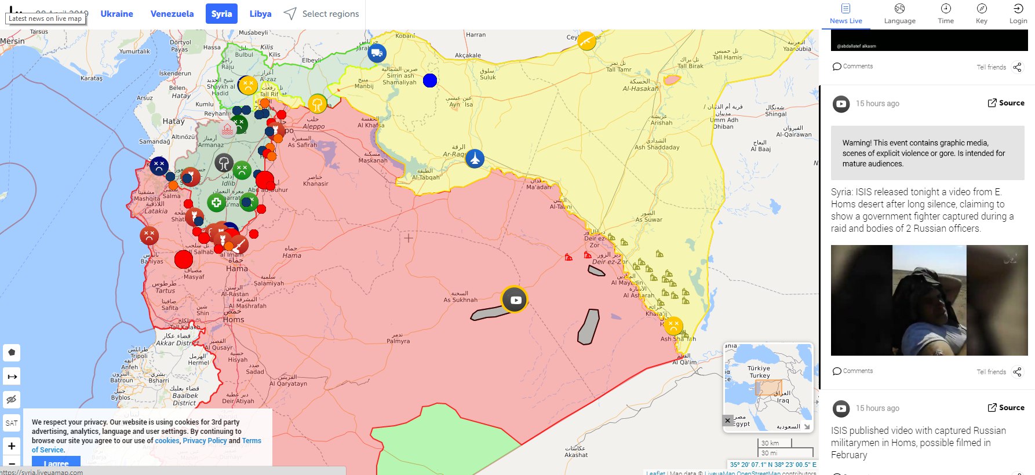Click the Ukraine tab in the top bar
pyautogui.click(x=116, y=14)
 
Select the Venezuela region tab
pyautogui.click(x=172, y=14)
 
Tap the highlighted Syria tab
pyautogui.click(x=221, y=14)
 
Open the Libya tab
pyautogui.click(x=260, y=14)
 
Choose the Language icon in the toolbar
pyautogui.click(x=899, y=13)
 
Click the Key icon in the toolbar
pyautogui.click(x=981, y=13)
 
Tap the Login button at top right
pyautogui.click(x=1018, y=13)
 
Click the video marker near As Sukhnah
pyautogui.click(x=515, y=299)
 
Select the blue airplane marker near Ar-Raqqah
pyautogui.click(x=475, y=158)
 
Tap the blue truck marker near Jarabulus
pyautogui.click(x=377, y=53)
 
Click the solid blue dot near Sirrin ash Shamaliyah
pyautogui.click(x=429, y=81)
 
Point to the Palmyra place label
pyautogui.click(x=398, y=341)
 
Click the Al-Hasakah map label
pyautogui.click(x=640, y=89)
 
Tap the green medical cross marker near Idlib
pyautogui.click(x=216, y=202)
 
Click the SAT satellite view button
pyautogui.click(x=12, y=423)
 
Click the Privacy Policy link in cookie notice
pyautogui.click(x=205, y=441)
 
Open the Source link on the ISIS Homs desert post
pyautogui.click(x=1006, y=103)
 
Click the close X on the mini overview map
pyautogui.click(x=728, y=421)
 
